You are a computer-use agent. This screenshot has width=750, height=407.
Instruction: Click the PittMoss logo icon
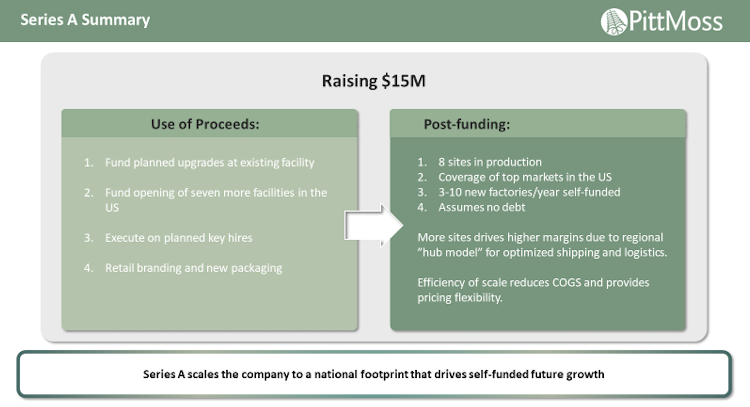(614, 22)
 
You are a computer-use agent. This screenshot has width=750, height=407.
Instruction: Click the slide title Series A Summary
(85, 20)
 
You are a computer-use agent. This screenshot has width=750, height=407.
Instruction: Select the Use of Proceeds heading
(205, 124)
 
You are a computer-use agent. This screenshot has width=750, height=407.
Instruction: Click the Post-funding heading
(467, 124)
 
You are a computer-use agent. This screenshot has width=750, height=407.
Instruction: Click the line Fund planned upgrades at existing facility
(209, 163)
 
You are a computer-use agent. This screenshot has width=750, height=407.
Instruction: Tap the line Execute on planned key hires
(179, 238)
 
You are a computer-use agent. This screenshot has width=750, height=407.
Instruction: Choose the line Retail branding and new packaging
(194, 268)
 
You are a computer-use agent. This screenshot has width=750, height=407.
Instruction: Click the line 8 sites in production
(490, 162)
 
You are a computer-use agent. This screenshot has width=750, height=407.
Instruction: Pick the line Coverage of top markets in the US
(525, 177)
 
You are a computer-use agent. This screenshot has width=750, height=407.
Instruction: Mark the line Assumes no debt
(482, 207)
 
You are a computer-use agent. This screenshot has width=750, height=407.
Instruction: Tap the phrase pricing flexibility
(460, 298)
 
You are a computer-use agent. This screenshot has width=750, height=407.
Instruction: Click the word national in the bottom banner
(336, 374)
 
